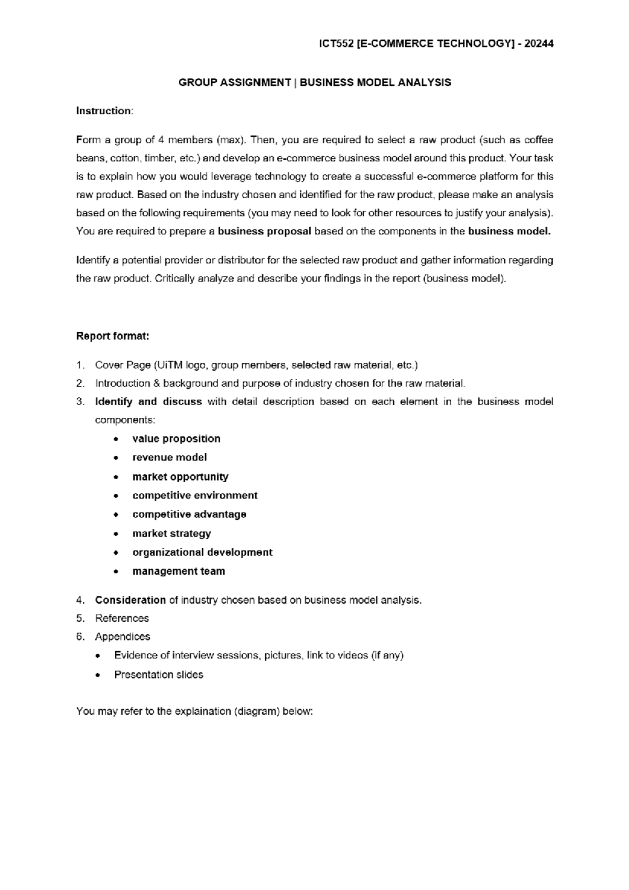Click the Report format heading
click(x=113, y=336)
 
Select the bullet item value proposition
click(x=176, y=439)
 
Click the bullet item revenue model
click(x=169, y=458)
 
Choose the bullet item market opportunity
click(x=180, y=477)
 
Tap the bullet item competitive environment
click(x=195, y=496)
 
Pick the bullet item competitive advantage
click(x=189, y=515)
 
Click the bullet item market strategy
click(x=171, y=534)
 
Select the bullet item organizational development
click(x=202, y=552)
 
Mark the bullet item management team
click(x=178, y=571)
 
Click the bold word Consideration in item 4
click(x=130, y=600)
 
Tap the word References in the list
click(x=122, y=618)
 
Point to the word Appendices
click(x=122, y=637)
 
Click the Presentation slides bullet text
click(x=158, y=675)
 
